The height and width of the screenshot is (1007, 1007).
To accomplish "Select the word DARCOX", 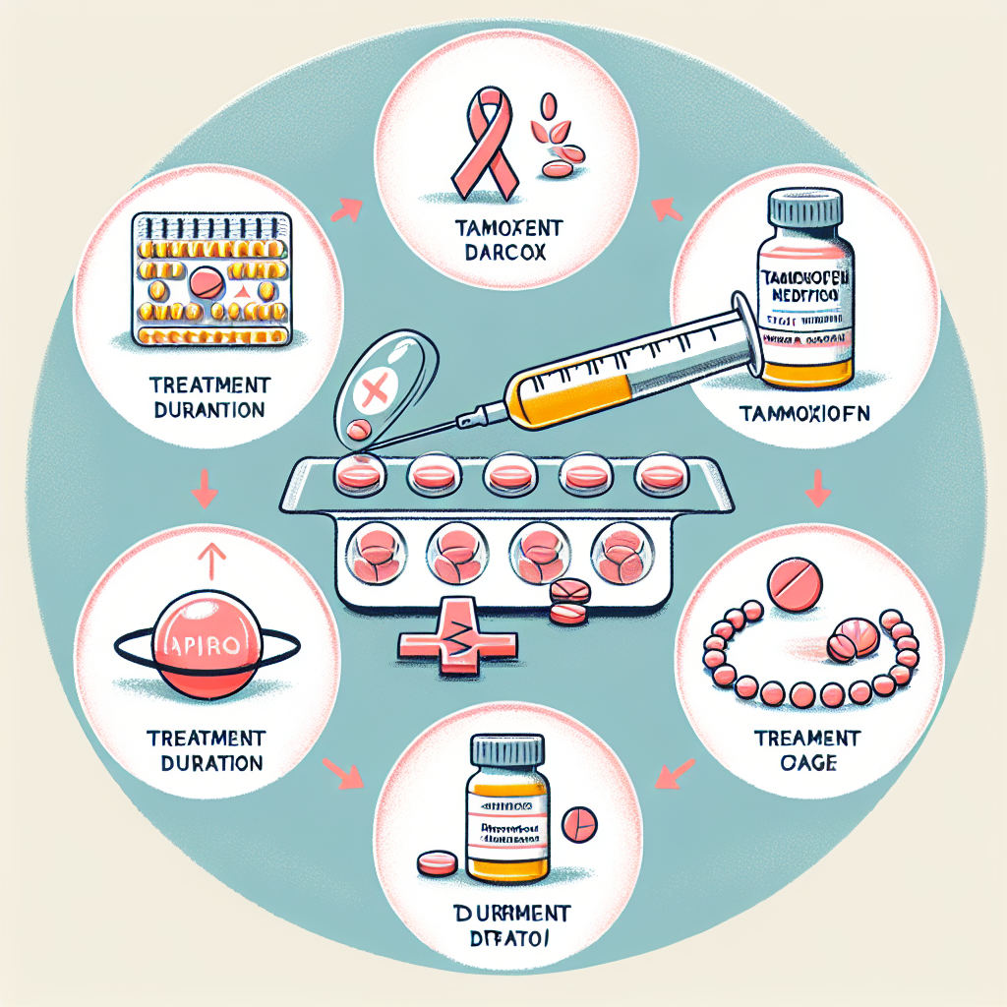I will (508, 253).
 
